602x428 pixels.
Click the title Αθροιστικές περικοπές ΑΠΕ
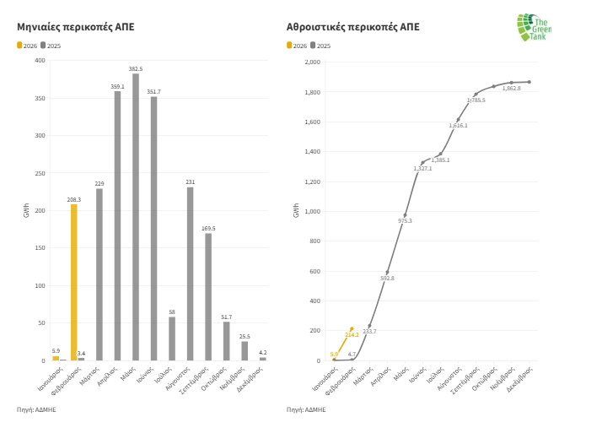[x=352, y=27]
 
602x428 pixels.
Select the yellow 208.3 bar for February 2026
[x=74, y=282]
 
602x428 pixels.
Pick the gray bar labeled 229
[x=99, y=274]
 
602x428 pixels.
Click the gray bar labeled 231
[x=191, y=274]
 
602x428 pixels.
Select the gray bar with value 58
[x=172, y=339]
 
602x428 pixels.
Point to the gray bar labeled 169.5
[x=208, y=296]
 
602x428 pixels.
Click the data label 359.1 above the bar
[x=117, y=86]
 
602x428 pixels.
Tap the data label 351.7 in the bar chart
[x=153, y=91]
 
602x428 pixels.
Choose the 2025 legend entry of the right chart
[x=320, y=45]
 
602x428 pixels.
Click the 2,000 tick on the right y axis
[x=312, y=62]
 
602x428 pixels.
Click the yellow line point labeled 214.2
[x=352, y=328]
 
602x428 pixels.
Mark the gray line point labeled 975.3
[x=405, y=215]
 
